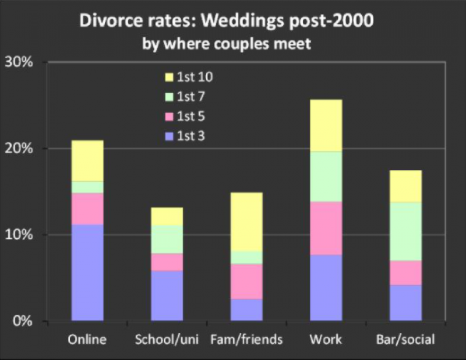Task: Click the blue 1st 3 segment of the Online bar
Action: [87, 273]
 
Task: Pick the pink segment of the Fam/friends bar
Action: [246, 281]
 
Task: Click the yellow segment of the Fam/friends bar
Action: [246, 221]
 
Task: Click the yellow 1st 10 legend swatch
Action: [170, 76]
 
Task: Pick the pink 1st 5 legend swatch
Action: [170, 117]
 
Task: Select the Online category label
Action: [87, 339]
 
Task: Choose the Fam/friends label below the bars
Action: [246, 339]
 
